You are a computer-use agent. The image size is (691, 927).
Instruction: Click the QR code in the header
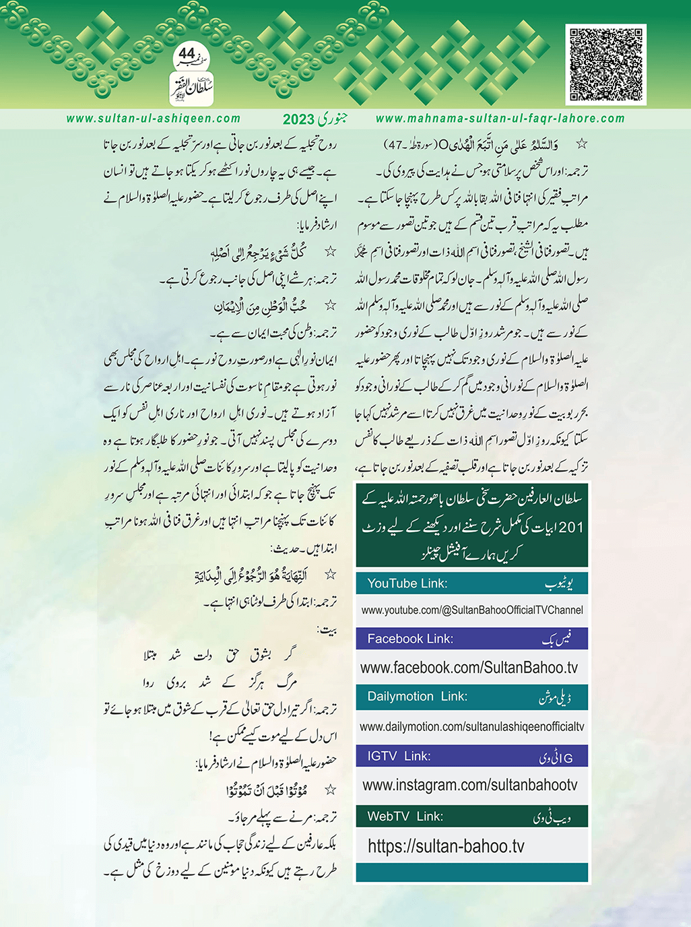(605, 65)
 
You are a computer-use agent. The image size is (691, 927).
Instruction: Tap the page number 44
(187, 53)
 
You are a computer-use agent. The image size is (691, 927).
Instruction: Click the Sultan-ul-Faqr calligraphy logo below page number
(191, 89)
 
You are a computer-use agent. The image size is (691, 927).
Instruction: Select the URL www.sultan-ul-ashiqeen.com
(153, 119)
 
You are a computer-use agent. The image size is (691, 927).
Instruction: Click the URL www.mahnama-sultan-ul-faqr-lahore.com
(500, 119)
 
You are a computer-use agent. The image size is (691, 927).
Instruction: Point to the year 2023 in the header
(298, 119)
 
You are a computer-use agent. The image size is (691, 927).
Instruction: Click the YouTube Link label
(407, 583)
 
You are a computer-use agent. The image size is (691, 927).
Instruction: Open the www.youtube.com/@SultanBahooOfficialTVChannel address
(471, 610)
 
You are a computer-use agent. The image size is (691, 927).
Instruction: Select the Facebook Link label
(409, 639)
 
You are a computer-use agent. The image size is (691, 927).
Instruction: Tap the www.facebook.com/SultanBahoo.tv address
(469, 668)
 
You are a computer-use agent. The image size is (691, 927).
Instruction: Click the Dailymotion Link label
(417, 697)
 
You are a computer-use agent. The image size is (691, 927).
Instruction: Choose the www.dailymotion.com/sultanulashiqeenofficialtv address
(471, 727)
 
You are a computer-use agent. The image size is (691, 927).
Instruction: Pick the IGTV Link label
(399, 756)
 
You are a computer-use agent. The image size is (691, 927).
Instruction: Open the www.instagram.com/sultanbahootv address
(469, 785)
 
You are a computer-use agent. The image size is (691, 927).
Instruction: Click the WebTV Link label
(405, 817)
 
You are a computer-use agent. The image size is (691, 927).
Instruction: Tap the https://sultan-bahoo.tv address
(445, 846)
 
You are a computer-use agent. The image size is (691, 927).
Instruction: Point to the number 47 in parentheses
(393, 145)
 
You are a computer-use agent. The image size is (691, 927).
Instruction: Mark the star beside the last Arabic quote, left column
(330, 790)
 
